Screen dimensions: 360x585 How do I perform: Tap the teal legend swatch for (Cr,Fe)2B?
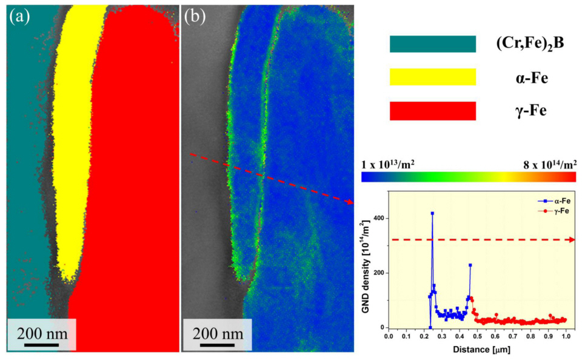tap(432, 44)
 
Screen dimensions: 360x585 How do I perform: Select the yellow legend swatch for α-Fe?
tap(432, 77)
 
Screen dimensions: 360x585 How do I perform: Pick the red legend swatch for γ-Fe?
tap(432, 111)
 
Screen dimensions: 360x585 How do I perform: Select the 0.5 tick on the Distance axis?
tap(477, 336)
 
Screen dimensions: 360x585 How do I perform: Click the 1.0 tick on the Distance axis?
tap(566, 336)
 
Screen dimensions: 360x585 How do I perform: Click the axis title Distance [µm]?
tap(480, 350)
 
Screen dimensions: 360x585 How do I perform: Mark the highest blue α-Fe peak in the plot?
tap(432, 213)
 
